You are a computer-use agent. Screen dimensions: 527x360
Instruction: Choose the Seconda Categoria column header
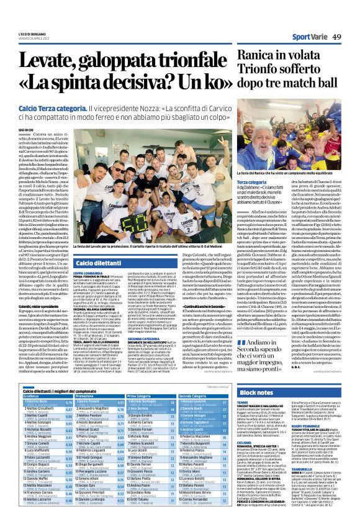point(194,395)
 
